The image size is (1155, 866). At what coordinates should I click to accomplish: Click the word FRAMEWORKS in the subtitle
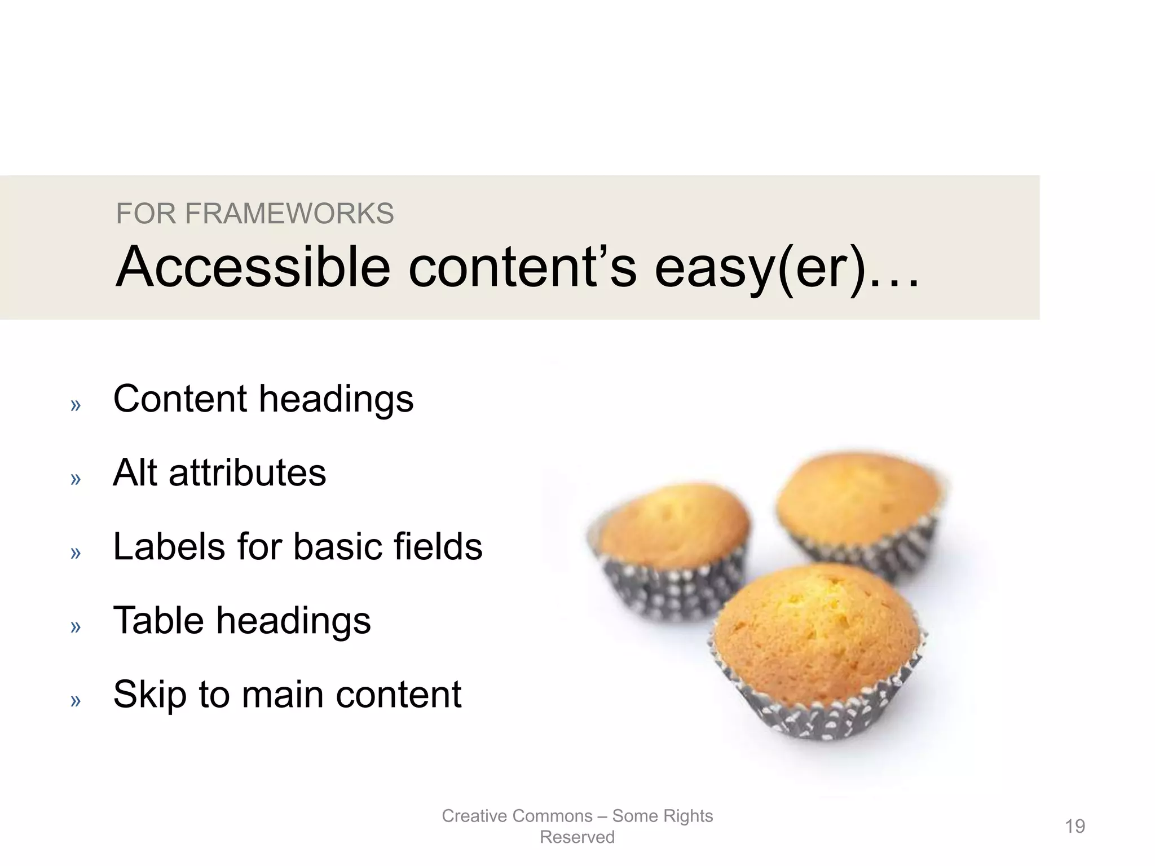click(289, 214)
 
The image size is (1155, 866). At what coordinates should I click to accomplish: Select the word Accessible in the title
click(253, 267)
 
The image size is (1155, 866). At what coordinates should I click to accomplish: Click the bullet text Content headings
click(263, 399)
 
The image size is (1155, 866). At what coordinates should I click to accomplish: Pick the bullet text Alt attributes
click(219, 472)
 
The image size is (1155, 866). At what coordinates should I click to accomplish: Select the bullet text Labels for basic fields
click(298, 546)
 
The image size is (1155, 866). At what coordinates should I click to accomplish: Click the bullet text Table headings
click(242, 620)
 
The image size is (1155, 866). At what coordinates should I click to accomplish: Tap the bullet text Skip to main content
click(287, 694)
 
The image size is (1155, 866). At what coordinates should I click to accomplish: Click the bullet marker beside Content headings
click(76, 405)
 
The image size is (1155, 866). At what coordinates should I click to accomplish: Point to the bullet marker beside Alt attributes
click(76, 479)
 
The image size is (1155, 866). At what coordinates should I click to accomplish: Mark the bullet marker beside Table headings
click(76, 627)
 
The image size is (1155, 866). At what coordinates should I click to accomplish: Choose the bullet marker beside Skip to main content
click(76, 701)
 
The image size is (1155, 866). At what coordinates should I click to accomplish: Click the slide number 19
click(1075, 827)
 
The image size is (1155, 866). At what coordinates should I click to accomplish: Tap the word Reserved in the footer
click(577, 837)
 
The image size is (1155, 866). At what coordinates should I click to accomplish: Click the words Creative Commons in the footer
click(517, 816)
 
